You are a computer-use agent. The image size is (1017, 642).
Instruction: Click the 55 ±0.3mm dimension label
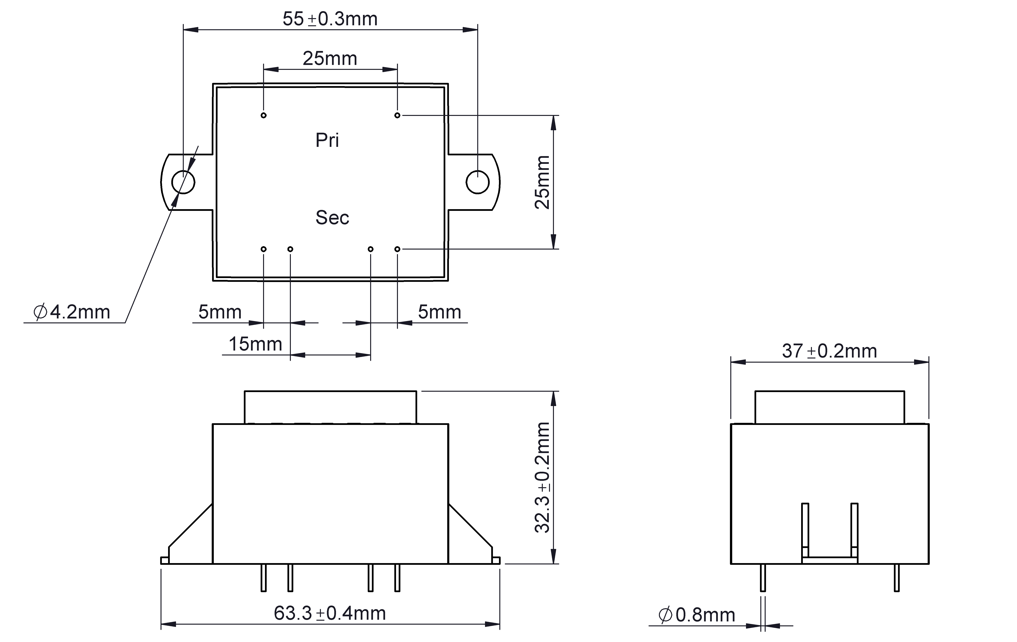tap(330, 19)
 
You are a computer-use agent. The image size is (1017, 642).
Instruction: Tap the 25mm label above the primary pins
tap(330, 58)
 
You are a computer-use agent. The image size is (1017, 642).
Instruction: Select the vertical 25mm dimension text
tap(542, 182)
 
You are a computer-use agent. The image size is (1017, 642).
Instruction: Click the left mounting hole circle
tap(183, 182)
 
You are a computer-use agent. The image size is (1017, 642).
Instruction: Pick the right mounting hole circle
tap(478, 182)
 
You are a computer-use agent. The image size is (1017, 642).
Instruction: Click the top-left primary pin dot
tap(263, 115)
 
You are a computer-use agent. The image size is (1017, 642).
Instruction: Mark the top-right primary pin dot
tap(397, 115)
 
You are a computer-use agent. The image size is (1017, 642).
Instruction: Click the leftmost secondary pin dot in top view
tap(263, 249)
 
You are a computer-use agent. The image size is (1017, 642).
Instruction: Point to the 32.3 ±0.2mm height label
tap(542, 477)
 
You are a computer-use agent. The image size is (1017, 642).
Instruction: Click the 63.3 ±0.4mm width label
tap(330, 613)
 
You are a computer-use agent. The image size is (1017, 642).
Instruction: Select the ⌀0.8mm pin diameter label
tap(697, 615)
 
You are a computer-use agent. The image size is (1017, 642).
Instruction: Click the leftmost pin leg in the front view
tap(263, 577)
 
